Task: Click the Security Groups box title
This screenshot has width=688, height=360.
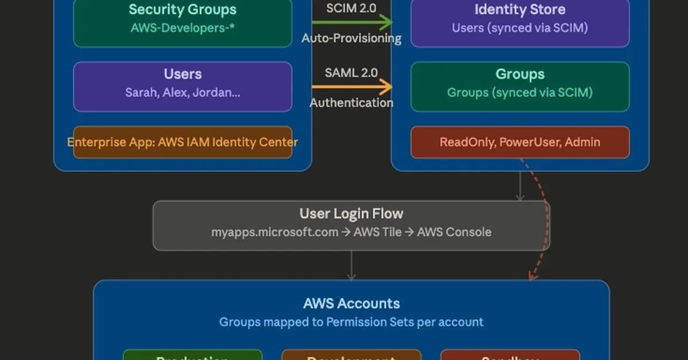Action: pyautogui.click(x=182, y=10)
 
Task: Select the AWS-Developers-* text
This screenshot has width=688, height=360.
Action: pyautogui.click(x=182, y=28)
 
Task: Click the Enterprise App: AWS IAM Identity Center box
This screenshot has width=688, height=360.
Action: pyautogui.click(x=182, y=142)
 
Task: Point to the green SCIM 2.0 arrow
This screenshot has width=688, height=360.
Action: pyautogui.click(x=351, y=24)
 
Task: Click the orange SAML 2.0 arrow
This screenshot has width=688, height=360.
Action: pyautogui.click(x=351, y=88)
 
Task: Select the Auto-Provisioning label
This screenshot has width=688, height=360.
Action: pyautogui.click(x=351, y=38)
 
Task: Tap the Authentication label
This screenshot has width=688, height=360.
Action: pyautogui.click(x=351, y=103)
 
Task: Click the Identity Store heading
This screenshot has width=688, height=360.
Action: pyautogui.click(x=519, y=10)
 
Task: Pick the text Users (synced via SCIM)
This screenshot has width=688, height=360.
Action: pyautogui.click(x=519, y=28)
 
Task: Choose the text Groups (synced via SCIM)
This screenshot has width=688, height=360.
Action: pyautogui.click(x=519, y=92)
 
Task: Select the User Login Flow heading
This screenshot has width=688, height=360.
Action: pyautogui.click(x=351, y=214)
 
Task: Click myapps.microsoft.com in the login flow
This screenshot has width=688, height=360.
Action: pyautogui.click(x=274, y=232)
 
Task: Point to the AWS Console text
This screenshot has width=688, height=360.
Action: pyautogui.click(x=454, y=232)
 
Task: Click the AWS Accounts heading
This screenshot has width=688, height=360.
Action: pyautogui.click(x=351, y=303)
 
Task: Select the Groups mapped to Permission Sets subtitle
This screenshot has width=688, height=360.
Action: pyautogui.click(x=351, y=322)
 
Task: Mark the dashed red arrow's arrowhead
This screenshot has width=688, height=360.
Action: pyautogui.click(x=531, y=276)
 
